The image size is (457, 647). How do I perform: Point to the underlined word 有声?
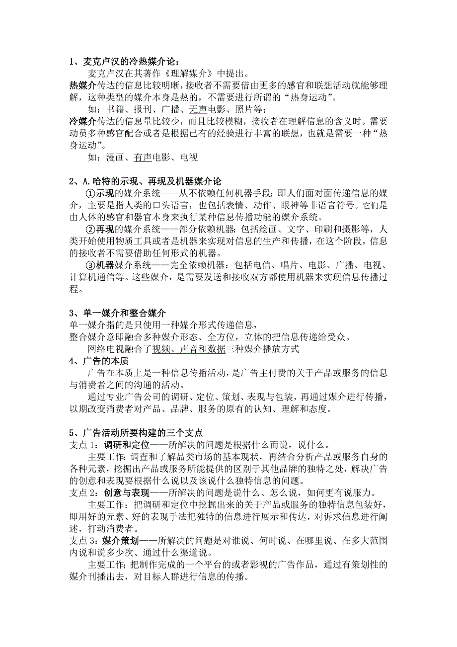pyautogui.click(x=143, y=158)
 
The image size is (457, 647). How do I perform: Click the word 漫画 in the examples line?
pyautogui.click(x=115, y=158)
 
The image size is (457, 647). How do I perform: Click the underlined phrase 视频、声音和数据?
pyautogui.click(x=189, y=349)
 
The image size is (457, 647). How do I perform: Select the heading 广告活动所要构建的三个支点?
pyautogui.click(x=142, y=433)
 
